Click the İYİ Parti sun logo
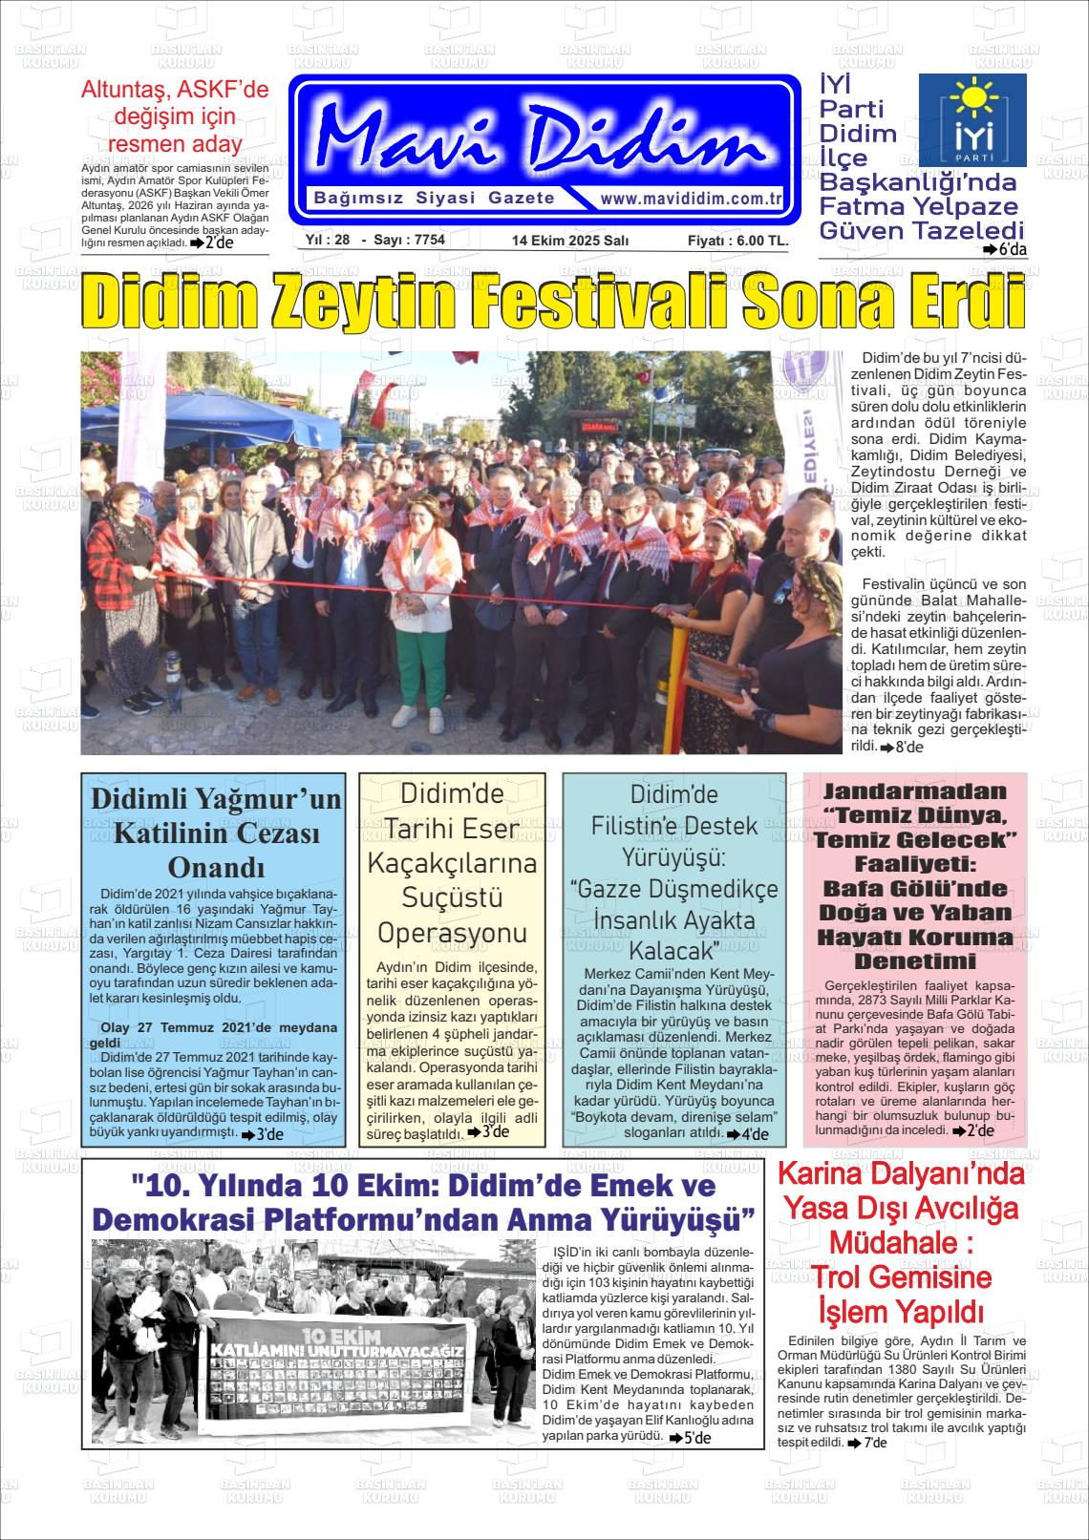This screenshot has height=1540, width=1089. pos(972,119)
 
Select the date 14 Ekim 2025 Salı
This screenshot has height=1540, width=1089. pos(569,241)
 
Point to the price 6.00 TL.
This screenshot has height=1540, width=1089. pos(738,241)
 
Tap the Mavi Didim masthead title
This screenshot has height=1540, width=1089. pos(542,138)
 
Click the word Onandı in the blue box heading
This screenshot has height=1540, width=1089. pos(215,868)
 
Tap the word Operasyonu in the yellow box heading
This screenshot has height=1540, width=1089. pos(453,933)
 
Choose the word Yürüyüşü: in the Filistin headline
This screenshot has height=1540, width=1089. pos(674,856)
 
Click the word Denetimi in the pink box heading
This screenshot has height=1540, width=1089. pos(915,960)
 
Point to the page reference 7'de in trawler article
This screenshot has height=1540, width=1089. pos(873,1443)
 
